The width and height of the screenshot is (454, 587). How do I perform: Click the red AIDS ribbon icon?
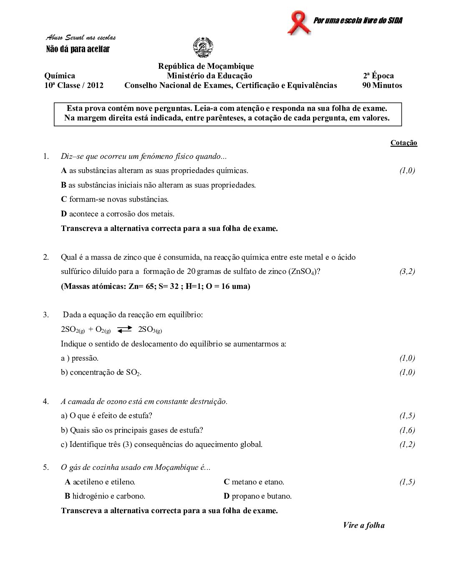(x=299, y=23)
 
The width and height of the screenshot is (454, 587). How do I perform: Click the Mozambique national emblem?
(x=203, y=48)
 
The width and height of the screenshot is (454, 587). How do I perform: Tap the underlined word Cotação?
(x=404, y=143)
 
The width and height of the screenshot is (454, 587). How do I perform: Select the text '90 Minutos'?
(x=382, y=85)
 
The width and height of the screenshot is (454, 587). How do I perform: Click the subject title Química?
(x=60, y=76)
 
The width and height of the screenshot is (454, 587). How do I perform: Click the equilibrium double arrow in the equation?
(x=124, y=330)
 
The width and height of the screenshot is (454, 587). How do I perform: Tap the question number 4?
(x=45, y=401)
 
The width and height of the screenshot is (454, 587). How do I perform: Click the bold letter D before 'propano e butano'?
(x=227, y=496)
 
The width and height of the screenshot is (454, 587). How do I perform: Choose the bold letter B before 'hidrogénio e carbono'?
(x=67, y=496)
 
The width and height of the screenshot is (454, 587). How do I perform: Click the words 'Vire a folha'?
(x=363, y=525)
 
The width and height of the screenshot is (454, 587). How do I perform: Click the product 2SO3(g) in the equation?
(x=150, y=330)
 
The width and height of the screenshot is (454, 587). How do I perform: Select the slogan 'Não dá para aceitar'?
(x=78, y=49)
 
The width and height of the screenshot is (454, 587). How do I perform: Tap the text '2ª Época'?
(x=378, y=76)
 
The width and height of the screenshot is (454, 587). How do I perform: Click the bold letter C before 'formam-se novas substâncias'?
(x=64, y=199)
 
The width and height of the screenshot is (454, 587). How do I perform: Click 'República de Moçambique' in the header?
(x=206, y=66)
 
